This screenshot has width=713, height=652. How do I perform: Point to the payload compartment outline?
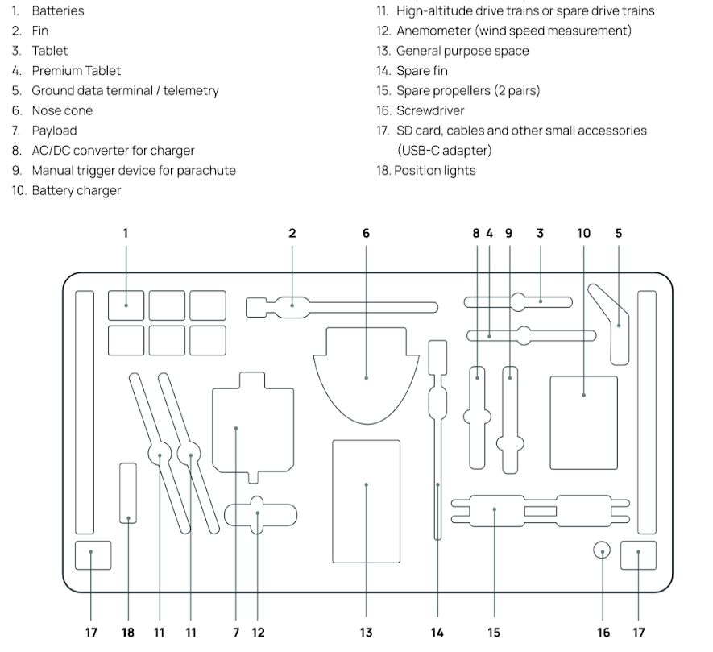tap(252, 427)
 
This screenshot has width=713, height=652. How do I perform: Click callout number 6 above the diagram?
tap(366, 233)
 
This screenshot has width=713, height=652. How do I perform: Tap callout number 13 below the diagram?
tap(366, 633)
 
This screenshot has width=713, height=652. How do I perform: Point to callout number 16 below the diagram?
tap(603, 633)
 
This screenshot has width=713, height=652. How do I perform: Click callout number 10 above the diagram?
tap(583, 233)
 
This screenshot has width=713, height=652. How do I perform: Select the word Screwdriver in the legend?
tap(430, 110)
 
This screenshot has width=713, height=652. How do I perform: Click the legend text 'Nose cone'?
tap(62, 110)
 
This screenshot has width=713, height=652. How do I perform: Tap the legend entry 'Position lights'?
tap(434, 170)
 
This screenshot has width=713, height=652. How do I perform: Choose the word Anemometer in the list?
tap(432, 31)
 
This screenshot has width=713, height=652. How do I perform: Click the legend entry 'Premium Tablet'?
tap(76, 70)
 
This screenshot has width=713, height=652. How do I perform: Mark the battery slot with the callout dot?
tap(126, 305)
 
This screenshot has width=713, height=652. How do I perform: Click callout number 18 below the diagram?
tap(128, 633)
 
